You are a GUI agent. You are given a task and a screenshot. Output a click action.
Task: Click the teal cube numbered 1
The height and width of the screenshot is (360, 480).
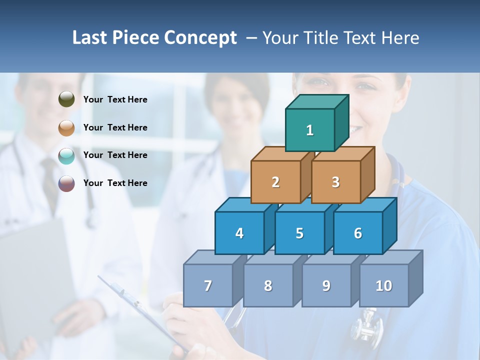pyautogui.click(x=310, y=130)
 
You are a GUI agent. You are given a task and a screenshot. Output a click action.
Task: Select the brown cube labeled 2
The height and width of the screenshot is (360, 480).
pyautogui.click(x=275, y=182)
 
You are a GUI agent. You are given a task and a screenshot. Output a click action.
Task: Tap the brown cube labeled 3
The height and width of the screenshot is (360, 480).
pyautogui.click(x=335, y=182)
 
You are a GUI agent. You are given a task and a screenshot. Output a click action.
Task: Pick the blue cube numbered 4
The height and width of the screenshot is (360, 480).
pyautogui.click(x=239, y=233)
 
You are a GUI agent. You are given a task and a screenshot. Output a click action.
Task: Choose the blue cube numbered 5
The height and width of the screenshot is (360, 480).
pyautogui.click(x=299, y=233)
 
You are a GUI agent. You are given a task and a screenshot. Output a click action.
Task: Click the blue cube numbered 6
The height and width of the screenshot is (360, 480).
pyautogui.click(x=358, y=233)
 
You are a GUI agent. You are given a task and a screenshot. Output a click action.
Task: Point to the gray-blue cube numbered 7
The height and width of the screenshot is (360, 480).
pyautogui.click(x=208, y=285)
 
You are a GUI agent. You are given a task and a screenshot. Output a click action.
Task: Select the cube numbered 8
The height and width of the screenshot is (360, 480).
pyautogui.click(x=268, y=285)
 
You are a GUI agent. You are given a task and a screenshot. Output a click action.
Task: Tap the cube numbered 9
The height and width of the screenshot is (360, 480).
pyautogui.click(x=326, y=285)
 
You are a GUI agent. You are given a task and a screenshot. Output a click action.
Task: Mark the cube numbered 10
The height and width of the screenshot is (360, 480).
pyautogui.click(x=384, y=285)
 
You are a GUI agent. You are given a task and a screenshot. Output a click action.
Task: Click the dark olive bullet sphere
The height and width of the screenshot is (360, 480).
pyautogui.click(x=66, y=99)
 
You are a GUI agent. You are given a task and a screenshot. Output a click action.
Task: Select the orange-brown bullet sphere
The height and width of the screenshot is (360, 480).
pyautogui.click(x=66, y=127)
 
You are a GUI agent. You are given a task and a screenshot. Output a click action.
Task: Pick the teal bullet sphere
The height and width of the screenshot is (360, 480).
pyautogui.click(x=66, y=155)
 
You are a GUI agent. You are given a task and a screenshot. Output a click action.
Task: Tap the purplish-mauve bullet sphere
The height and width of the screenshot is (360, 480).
pyautogui.click(x=66, y=183)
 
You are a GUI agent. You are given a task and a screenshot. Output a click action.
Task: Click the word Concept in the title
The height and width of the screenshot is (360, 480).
pyautogui.click(x=200, y=38)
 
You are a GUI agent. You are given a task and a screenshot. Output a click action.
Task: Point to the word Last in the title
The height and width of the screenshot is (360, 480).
pyautogui.click(x=90, y=38)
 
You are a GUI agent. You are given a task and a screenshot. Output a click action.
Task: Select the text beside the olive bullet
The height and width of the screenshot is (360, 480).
pyautogui.click(x=115, y=99)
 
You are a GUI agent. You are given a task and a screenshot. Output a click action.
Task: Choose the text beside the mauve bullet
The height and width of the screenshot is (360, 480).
pyautogui.click(x=115, y=183)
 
